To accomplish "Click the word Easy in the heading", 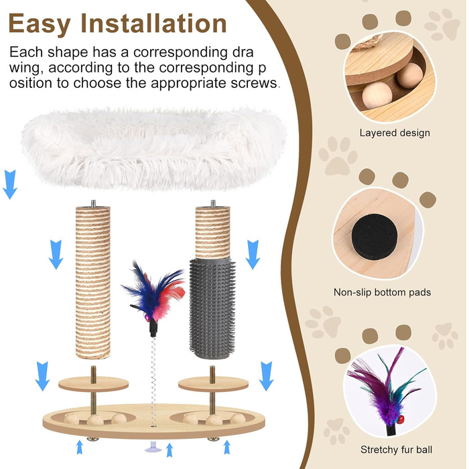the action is click(40, 25).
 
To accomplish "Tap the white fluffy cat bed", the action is click(153, 149).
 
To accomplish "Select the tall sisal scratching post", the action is click(92, 282).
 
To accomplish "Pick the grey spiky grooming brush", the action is click(212, 308).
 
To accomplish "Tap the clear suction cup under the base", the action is click(153, 448).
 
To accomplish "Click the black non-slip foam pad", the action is click(374, 237).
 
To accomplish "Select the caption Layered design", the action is click(395, 133).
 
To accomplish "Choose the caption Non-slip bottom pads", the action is click(383, 292).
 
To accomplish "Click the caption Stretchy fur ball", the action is click(396, 450).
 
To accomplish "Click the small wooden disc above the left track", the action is click(93, 384).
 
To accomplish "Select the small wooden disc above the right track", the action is click(213, 384).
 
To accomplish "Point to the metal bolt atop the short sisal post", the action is click(212, 204).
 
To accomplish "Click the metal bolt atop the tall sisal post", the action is click(93, 204).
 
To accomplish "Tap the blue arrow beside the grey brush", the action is click(253, 255).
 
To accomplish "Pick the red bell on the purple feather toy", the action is click(401, 419).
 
